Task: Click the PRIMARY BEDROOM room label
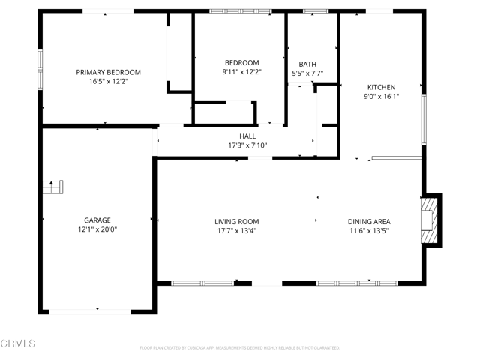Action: click(108, 72)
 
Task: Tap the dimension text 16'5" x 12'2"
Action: click(108, 81)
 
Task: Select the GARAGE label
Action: click(97, 220)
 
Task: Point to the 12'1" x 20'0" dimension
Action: click(97, 229)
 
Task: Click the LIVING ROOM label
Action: click(236, 221)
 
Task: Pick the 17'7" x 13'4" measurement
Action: click(236, 230)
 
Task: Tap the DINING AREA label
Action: click(368, 221)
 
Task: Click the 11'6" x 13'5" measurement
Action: click(368, 230)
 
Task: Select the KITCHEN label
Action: click(380, 87)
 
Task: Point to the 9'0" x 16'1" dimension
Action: click(380, 96)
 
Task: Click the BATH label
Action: click(307, 64)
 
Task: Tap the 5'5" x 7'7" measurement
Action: click(307, 73)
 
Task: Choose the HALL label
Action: click(247, 136)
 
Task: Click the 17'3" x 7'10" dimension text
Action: click(247, 145)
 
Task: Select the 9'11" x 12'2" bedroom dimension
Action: click(241, 72)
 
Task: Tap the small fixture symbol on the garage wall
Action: click(53, 187)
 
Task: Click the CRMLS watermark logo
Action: click(19, 344)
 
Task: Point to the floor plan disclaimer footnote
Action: click(240, 348)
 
